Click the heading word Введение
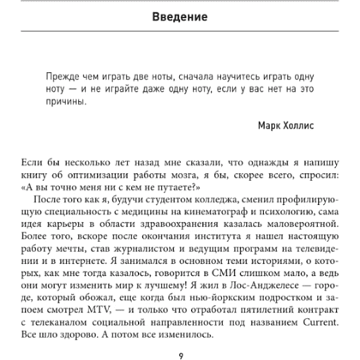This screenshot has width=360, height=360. [179, 18]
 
